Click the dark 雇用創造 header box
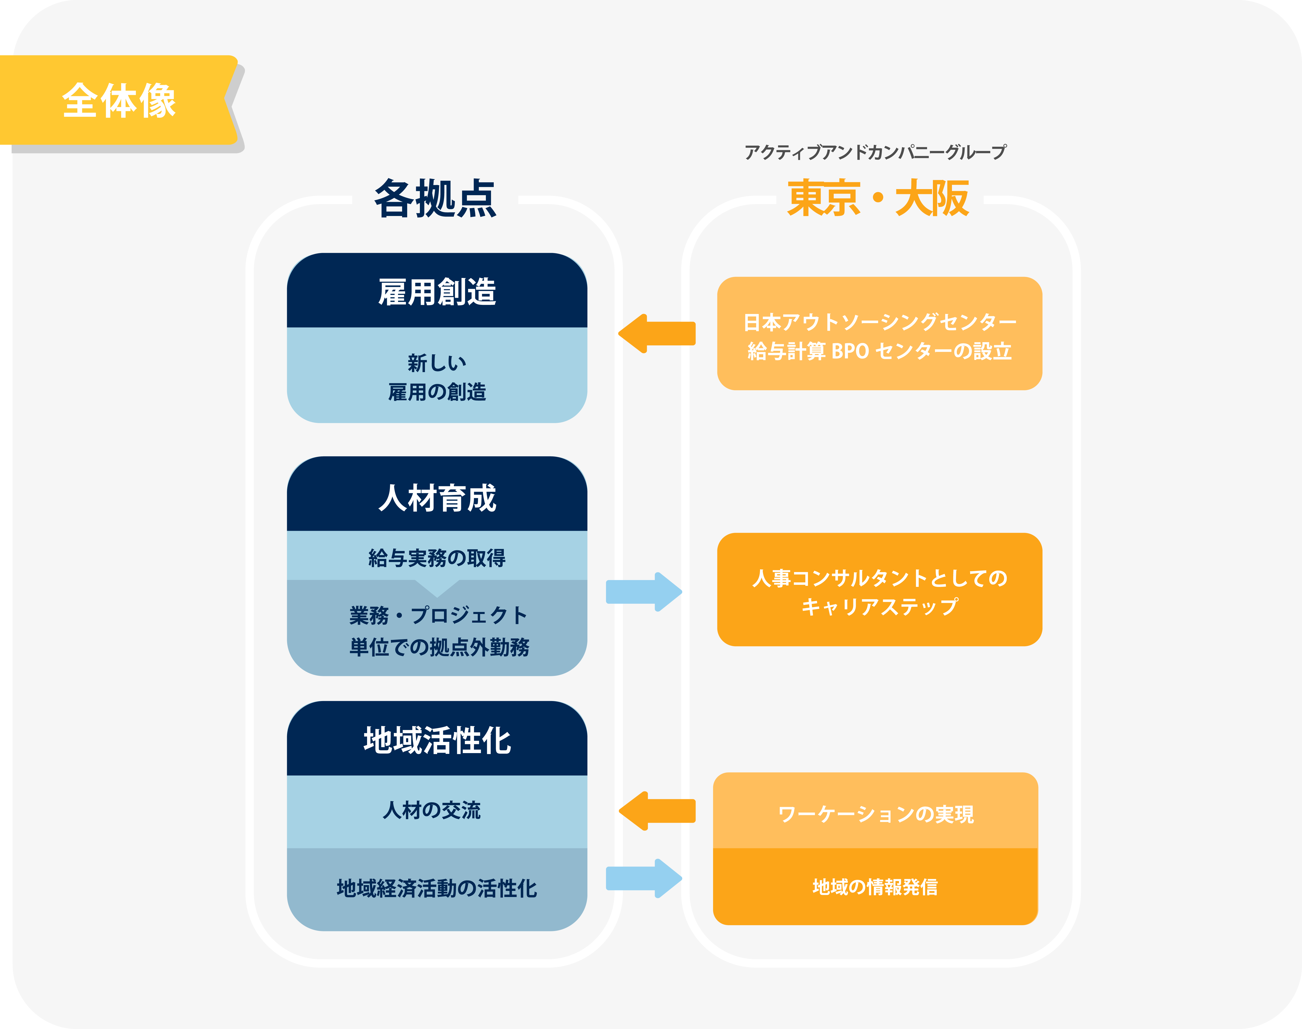[x=437, y=290]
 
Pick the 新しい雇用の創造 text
[x=437, y=377]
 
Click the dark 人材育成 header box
[x=437, y=494]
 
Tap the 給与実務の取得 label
[x=437, y=558]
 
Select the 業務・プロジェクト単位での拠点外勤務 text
[x=439, y=631]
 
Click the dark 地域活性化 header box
[x=437, y=739]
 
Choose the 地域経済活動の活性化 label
[x=437, y=888]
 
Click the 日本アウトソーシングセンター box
[x=880, y=334]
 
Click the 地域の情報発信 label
[x=875, y=887]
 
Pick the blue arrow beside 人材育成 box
[x=644, y=592]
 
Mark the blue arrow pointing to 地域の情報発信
[x=644, y=878]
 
